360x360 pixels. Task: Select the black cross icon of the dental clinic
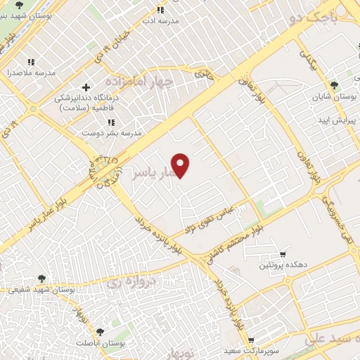(86, 88)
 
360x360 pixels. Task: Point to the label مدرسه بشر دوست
(113, 132)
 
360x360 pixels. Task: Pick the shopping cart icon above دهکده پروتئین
(283, 255)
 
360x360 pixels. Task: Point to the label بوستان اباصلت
(121, 343)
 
